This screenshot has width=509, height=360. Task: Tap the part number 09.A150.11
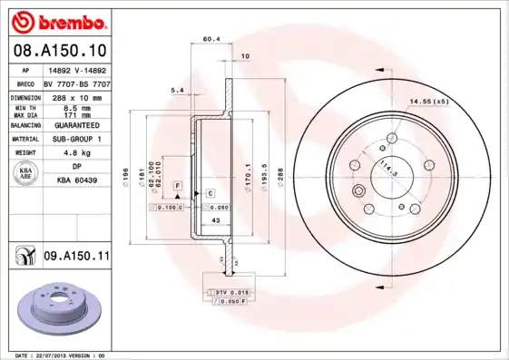pos(76,258)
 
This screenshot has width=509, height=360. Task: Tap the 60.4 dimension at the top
pos(210,39)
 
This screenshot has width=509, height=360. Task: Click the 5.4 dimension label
pos(177,90)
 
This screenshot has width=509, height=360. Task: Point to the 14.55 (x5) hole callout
pos(428,101)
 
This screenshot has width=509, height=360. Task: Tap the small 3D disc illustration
pos(58,308)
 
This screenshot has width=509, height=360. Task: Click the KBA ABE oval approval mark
pos(26,173)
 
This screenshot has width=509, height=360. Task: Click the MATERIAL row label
pos(24,139)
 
